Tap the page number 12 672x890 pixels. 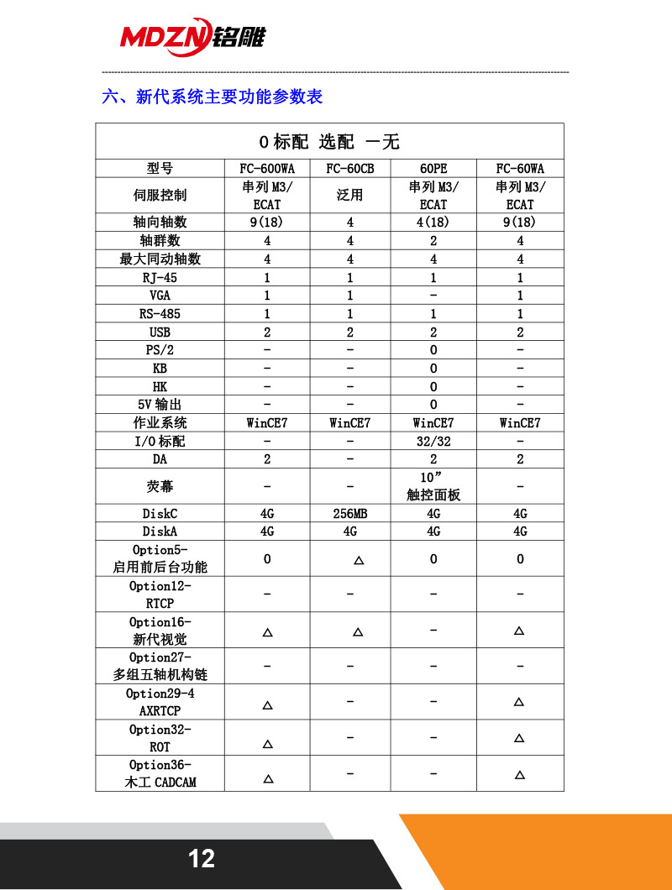[202, 858]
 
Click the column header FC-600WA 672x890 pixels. [267, 168]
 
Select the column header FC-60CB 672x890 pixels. [350, 168]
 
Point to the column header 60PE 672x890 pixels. [433, 168]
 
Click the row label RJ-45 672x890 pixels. [160, 277]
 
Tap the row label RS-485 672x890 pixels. [160, 314]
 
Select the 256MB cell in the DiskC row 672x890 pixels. [350, 513]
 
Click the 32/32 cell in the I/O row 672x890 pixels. [433, 441]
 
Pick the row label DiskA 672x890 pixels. [160, 531]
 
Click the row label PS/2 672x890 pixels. [160, 350]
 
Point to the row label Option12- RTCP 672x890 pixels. [160, 594]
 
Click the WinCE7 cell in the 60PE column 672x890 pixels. [433, 422]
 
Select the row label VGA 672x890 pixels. [160, 296]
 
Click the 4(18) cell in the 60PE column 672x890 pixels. [433, 222]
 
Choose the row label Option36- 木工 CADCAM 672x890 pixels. [160, 773]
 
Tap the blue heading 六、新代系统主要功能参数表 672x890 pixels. [212, 97]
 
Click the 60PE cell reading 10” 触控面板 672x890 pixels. [433, 486]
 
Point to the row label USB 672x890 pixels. [160, 332]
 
